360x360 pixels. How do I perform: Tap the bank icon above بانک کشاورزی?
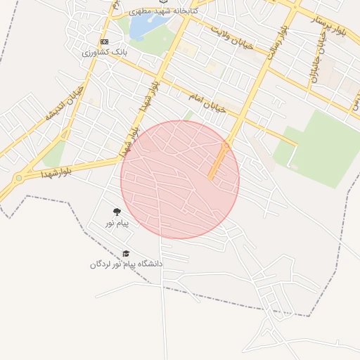pos(105,41)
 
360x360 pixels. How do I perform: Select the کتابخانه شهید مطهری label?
pos(162,12)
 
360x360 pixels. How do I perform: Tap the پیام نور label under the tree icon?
pos(117,223)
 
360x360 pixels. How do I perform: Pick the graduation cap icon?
pos(126,254)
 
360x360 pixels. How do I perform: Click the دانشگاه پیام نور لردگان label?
pos(126,264)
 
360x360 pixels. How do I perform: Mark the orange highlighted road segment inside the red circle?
pos(218,161)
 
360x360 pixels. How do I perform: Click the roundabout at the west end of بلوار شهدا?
pos(17,179)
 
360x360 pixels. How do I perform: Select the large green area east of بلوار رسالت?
pos(320,148)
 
